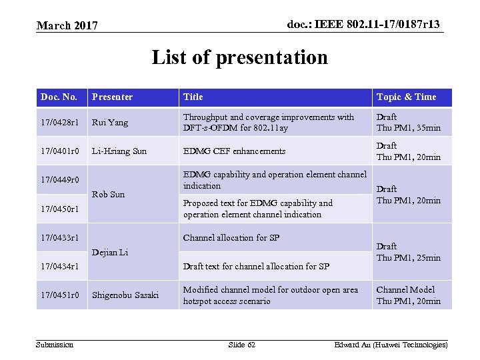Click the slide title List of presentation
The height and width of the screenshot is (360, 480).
coord(240,57)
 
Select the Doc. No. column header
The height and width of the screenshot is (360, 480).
coord(59,97)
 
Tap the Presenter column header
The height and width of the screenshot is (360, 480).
coord(112,97)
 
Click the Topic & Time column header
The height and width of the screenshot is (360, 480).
coord(406,97)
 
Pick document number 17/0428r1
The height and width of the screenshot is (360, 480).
coord(59,123)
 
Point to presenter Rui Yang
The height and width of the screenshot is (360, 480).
coord(110,123)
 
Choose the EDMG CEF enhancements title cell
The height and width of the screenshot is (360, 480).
coord(234,151)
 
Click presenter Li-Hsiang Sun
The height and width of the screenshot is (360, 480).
coord(119,151)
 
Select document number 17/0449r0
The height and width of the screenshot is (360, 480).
coord(60,180)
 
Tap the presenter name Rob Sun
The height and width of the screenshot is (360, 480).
coord(108,195)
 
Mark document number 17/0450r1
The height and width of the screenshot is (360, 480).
coord(60,209)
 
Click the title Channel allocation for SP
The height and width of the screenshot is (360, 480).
coord(231,238)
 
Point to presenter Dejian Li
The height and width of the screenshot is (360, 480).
coord(110,252)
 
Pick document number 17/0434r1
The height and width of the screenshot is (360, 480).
coord(60,267)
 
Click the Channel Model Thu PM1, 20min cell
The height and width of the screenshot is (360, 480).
coord(408,295)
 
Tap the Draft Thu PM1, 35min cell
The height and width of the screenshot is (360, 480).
coord(408,123)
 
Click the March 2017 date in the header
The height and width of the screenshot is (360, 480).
coord(67,26)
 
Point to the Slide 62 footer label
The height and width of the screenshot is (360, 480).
coord(241,345)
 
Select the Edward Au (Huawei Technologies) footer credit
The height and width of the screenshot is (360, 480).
coord(391,345)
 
